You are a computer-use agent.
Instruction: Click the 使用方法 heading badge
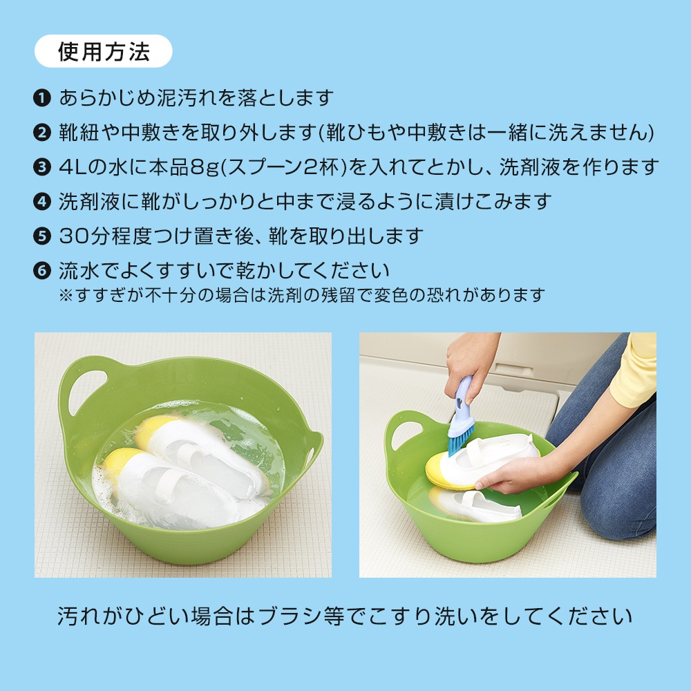coord(104,52)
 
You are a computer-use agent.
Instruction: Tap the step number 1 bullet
coord(41,98)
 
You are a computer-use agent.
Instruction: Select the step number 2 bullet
coord(41,133)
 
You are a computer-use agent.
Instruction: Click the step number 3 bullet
coord(41,167)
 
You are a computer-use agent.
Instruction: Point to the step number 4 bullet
coord(41,202)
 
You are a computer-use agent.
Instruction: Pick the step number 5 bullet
coord(41,236)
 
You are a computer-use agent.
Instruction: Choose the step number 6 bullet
coord(41,270)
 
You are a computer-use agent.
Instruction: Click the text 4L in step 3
coord(73,167)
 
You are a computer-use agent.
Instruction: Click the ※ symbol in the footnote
coord(66,296)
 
